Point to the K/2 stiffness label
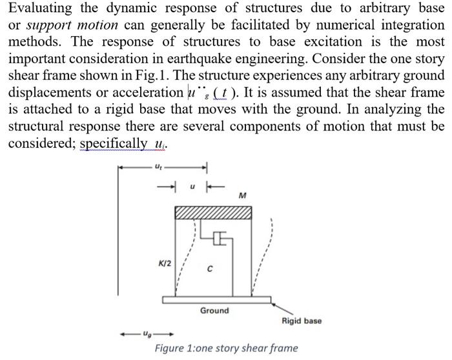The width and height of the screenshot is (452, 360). coord(165,263)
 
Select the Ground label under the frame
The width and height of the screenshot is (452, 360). coord(214,310)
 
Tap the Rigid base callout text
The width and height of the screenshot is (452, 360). coord(301,321)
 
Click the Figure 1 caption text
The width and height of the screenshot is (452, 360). coord(226,348)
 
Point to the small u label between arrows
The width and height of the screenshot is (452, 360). coord(190,185)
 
